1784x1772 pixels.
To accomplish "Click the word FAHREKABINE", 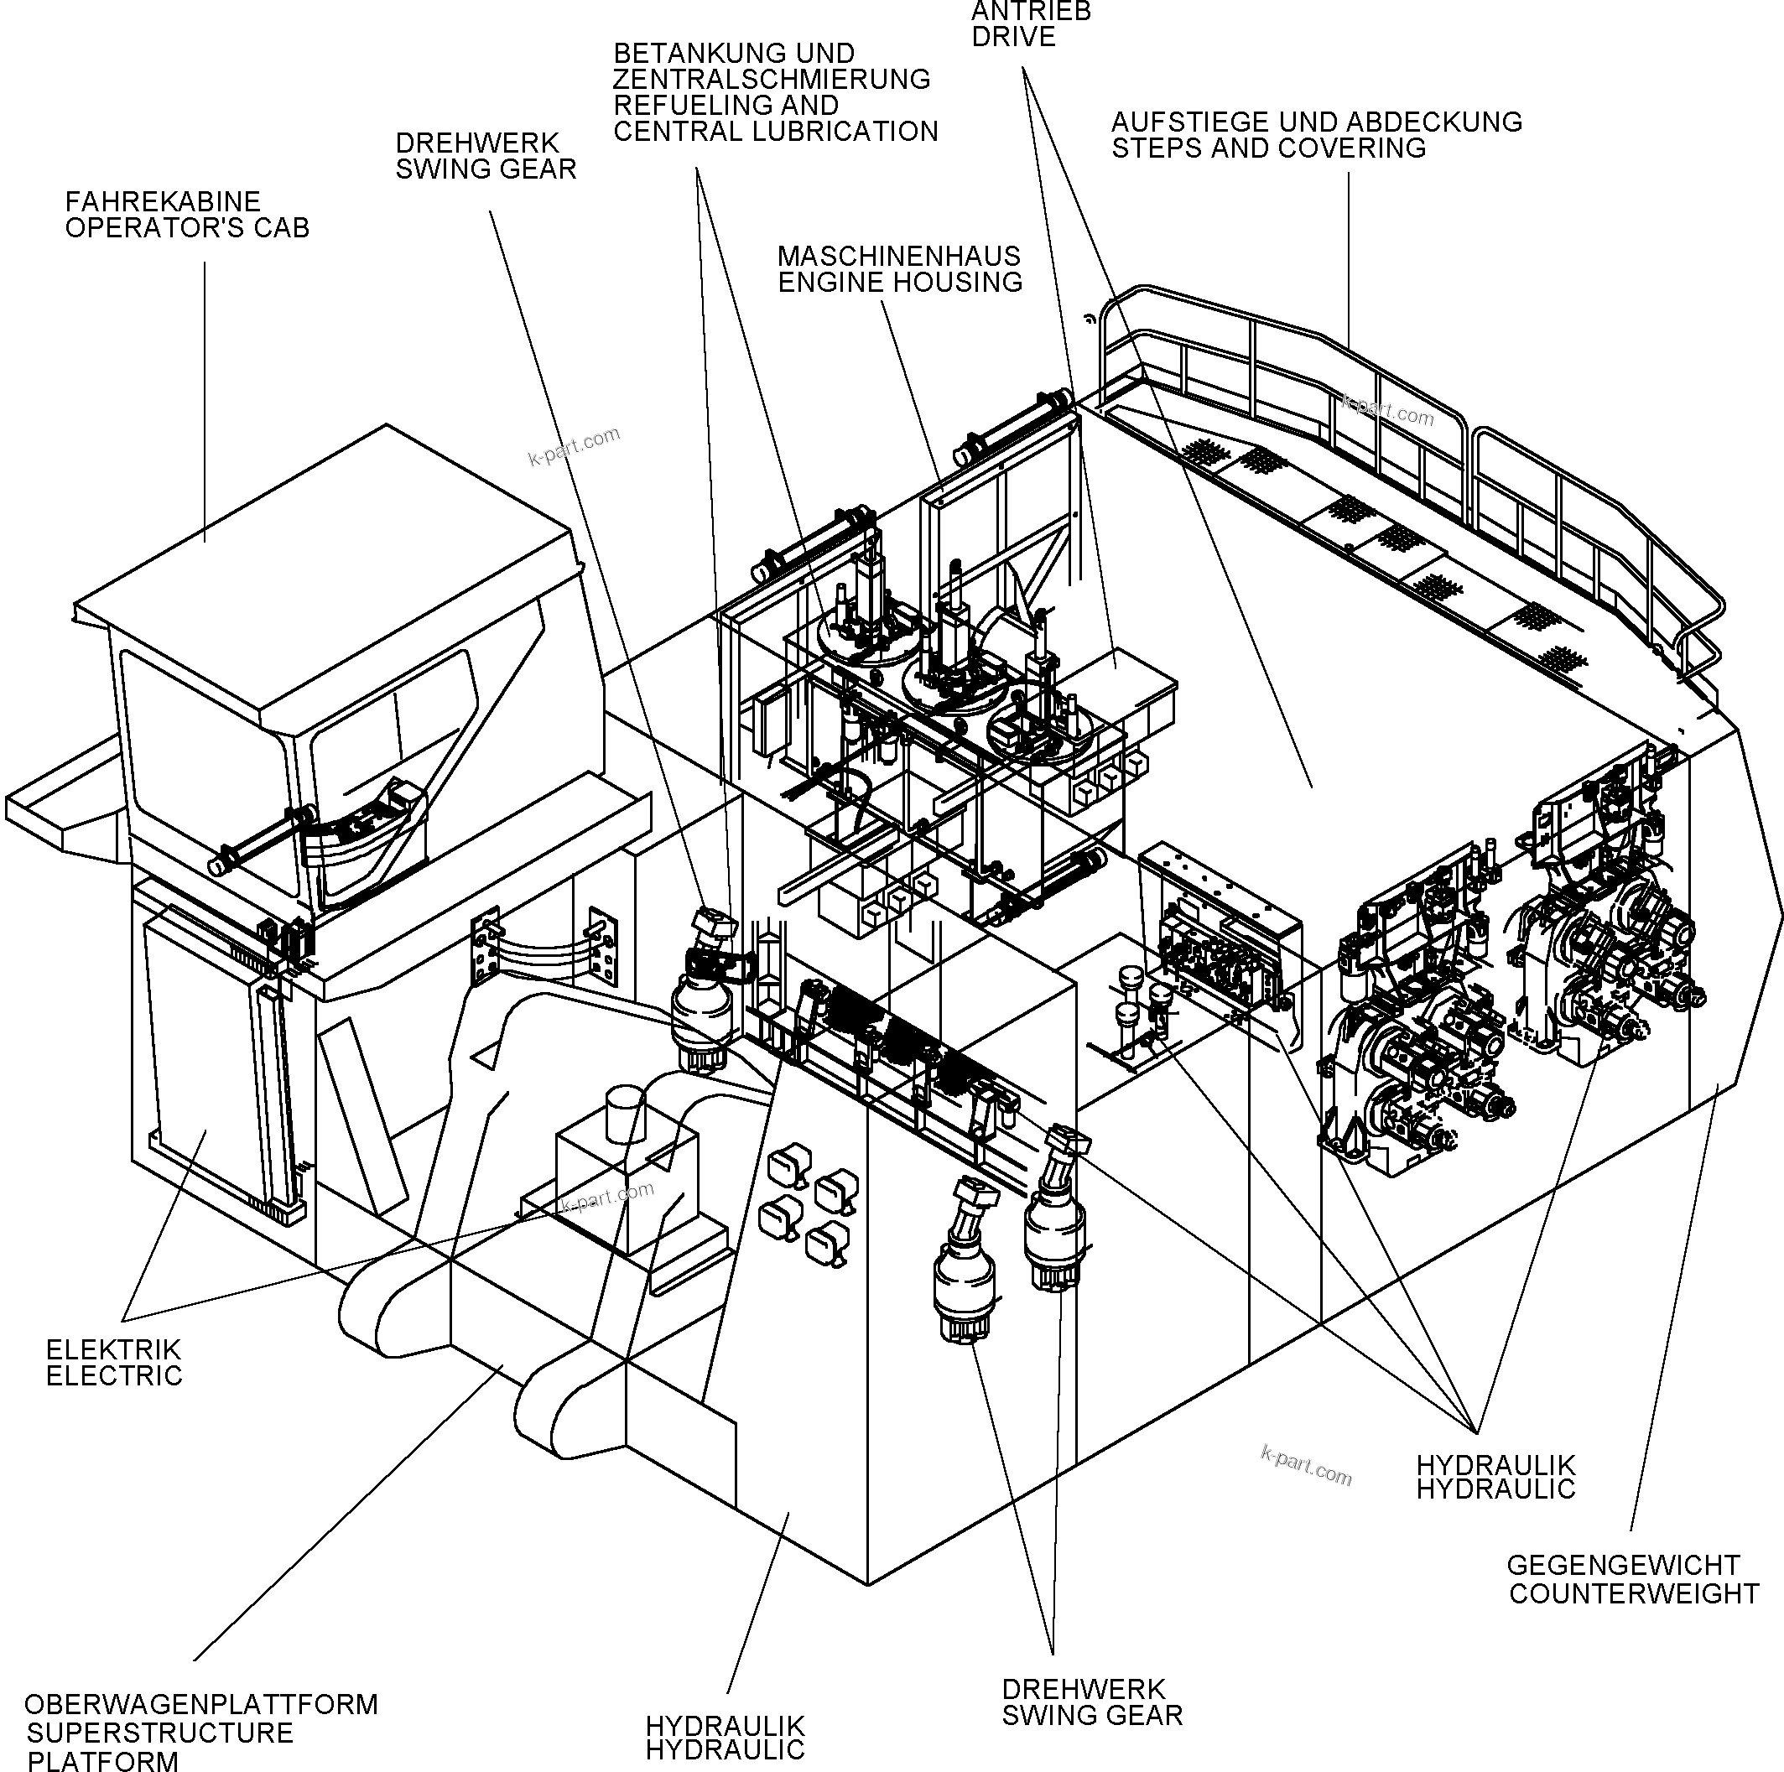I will (x=163, y=201).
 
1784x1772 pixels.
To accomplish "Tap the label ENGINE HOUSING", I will (x=899, y=282).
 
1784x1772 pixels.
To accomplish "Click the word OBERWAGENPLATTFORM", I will (x=201, y=1704).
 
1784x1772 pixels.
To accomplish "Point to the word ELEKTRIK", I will (x=113, y=1349).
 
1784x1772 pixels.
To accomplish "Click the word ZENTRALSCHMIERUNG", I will (x=771, y=80).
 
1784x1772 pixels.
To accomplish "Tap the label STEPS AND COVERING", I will (x=1268, y=148).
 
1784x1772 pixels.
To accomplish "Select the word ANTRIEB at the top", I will (x=1031, y=11).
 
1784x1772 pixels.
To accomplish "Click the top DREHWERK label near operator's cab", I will (x=477, y=143).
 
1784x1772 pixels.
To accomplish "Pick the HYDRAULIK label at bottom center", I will (x=725, y=1726).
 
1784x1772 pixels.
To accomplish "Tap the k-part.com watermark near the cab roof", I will (x=574, y=447).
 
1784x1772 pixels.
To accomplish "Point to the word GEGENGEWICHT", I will (x=1622, y=1565).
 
